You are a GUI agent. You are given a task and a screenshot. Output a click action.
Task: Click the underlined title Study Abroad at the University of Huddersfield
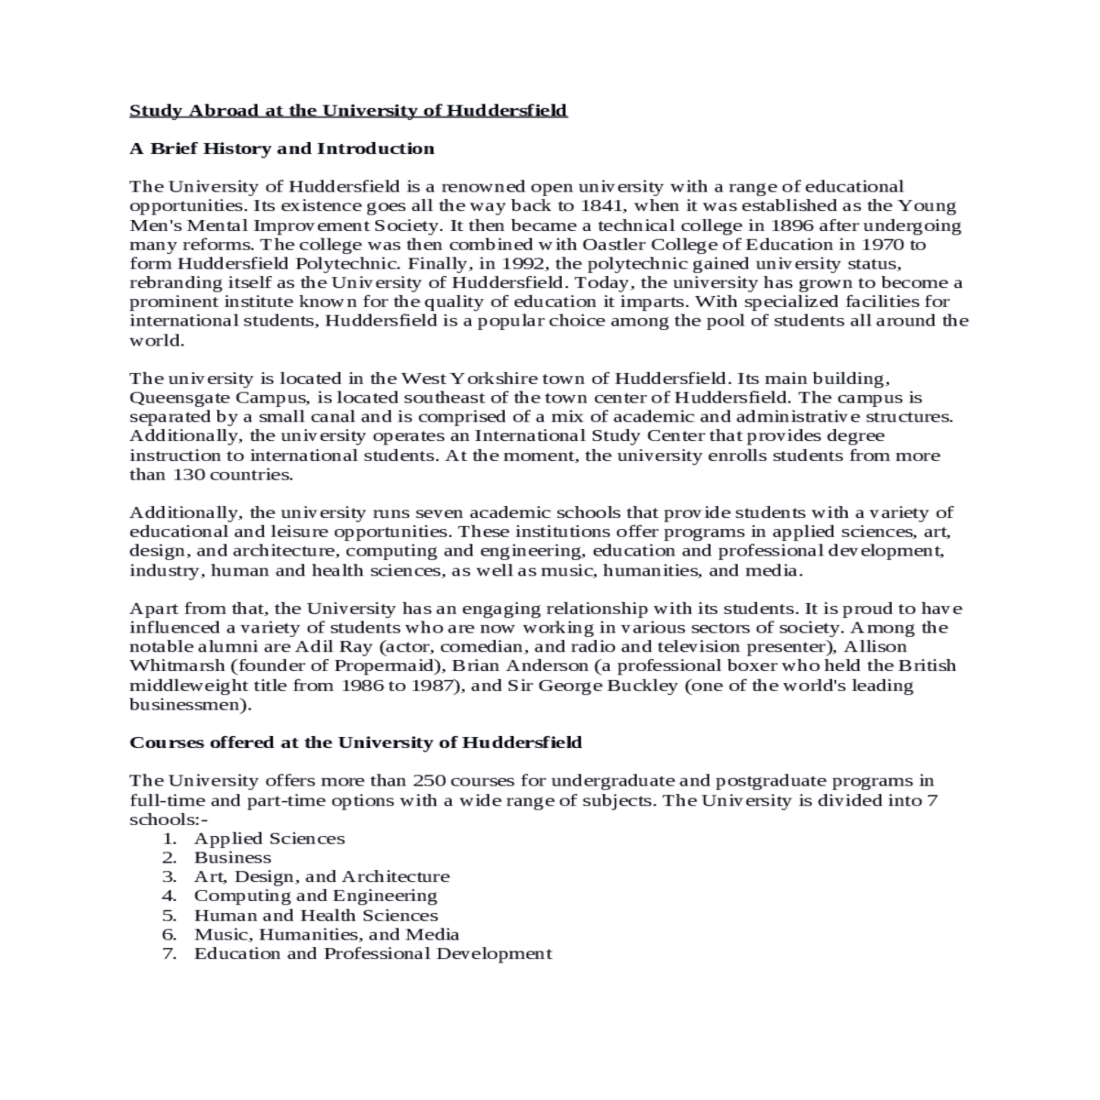click(348, 111)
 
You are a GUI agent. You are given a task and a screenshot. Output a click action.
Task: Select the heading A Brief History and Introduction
click(281, 148)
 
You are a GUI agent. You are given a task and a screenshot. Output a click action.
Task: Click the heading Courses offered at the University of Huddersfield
click(356, 742)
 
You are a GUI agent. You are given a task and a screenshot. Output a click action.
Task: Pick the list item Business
click(233, 858)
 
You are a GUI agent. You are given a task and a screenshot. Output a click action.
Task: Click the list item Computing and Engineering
click(315, 896)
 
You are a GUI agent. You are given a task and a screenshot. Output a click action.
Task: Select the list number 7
click(169, 954)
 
